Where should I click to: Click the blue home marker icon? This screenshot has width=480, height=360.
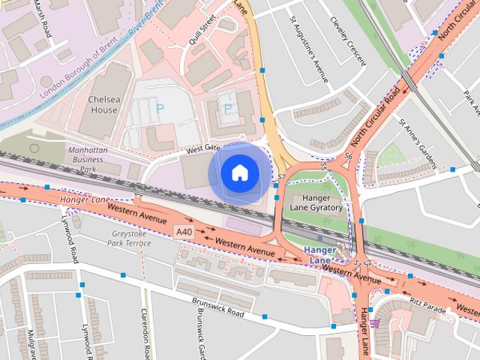(238, 173)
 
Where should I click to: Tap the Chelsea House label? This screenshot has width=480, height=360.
(103, 104)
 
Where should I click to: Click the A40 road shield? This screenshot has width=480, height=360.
(184, 232)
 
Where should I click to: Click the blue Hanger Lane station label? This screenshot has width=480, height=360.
(321, 254)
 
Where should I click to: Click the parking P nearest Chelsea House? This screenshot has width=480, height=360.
(160, 109)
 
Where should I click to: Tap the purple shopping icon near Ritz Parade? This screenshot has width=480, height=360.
(374, 323)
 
